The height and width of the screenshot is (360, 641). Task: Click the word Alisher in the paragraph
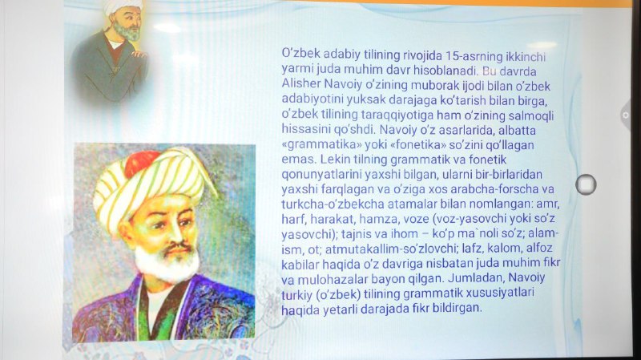pyautogui.click(x=301, y=84)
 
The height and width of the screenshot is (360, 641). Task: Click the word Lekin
pyautogui.click(x=333, y=159)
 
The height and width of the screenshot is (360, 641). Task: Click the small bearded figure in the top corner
pyautogui.click(x=111, y=51)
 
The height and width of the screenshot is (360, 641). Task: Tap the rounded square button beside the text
pyautogui.click(x=586, y=184)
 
